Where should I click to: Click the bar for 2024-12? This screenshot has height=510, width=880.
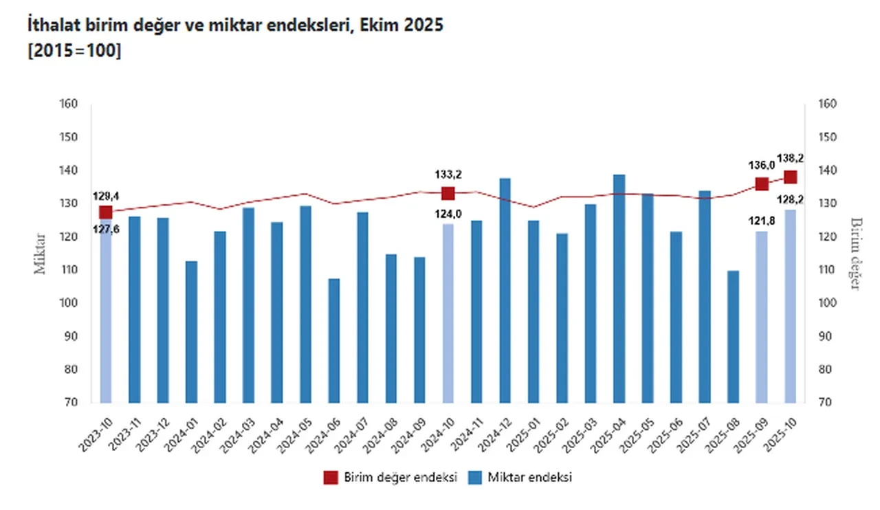pos(505,290)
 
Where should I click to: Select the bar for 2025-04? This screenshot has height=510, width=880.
pos(619,289)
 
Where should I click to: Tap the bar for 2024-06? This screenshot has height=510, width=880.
pos(334,340)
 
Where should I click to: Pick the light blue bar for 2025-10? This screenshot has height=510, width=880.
pos(791,306)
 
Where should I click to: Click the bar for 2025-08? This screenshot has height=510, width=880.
pos(734,336)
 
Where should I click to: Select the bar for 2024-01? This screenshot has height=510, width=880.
pos(191,331)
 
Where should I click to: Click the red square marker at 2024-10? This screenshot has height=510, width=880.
pos(448,194)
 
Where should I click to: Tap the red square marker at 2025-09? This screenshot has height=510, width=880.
pos(762,184)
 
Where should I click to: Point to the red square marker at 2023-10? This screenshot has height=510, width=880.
pos(105,212)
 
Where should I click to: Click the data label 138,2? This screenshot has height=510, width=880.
pos(791,158)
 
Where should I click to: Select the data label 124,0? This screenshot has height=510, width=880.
pos(448,214)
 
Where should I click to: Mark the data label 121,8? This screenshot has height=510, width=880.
pos(762,221)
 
